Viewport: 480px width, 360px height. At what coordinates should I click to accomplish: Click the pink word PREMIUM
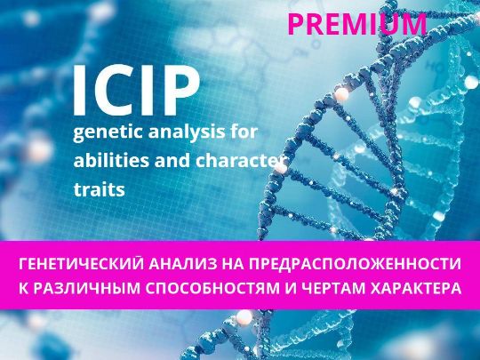357,24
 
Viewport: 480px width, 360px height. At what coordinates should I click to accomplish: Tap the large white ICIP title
136,91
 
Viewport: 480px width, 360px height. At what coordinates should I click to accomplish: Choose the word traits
100,189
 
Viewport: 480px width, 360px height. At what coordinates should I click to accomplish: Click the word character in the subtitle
236,160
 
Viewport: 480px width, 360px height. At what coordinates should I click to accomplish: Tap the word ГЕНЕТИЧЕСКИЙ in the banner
81,264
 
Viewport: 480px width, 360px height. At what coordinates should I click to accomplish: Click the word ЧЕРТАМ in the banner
333,288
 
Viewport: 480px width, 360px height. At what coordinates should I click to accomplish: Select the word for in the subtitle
246,132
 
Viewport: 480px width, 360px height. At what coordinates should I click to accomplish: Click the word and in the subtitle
172,160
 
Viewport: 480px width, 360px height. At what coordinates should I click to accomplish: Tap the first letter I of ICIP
79,91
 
